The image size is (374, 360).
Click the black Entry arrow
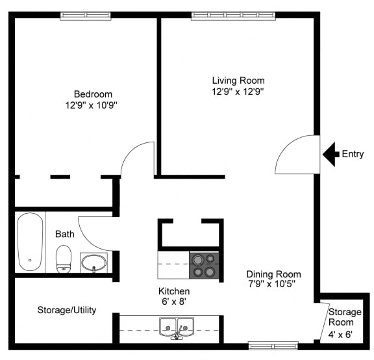(x=330, y=154)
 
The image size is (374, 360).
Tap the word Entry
(x=353, y=154)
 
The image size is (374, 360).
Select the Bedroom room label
(x=93, y=94)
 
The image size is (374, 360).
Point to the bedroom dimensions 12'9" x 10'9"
(x=92, y=105)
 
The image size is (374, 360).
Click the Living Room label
(x=238, y=81)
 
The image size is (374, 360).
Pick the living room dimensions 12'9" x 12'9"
(x=238, y=92)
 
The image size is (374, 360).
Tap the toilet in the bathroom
(x=64, y=259)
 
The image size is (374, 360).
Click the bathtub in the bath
(x=31, y=242)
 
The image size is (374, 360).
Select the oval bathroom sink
(x=93, y=263)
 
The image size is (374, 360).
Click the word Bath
(x=65, y=234)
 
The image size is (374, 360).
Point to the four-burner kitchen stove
(x=204, y=265)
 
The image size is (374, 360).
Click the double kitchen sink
(x=177, y=328)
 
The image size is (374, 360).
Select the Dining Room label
(x=273, y=274)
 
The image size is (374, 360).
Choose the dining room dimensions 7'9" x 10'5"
(x=272, y=284)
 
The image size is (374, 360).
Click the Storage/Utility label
(x=67, y=310)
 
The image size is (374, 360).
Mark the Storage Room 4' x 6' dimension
(x=340, y=335)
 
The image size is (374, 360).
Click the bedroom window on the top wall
(x=86, y=16)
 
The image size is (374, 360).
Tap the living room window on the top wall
(x=234, y=16)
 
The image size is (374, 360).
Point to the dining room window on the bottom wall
(x=273, y=346)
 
